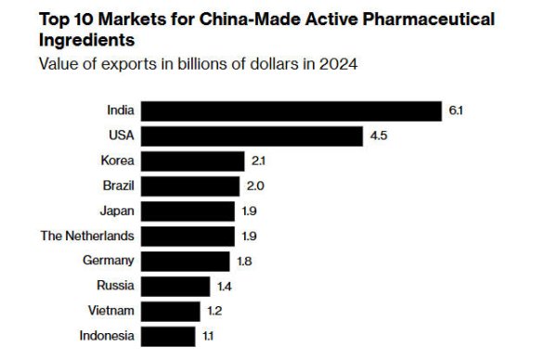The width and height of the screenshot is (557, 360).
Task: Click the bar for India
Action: pyautogui.click(x=292, y=110)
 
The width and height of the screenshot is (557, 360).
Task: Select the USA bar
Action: pyautogui.click(x=253, y=135)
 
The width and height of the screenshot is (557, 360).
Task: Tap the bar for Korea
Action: pyautogui.click(x=193, y=161)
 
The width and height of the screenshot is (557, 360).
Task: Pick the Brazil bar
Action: pyautogui.click(x=191, y=186)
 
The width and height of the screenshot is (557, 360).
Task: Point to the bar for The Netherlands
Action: pyautogui.click(x=188, y=236)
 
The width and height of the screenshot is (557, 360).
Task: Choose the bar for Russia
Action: pyautogui.click(x=176, y=286)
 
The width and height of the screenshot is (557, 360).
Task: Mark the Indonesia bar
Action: pyautogui.click(x=169, y=336)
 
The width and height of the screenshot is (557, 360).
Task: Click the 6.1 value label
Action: pyautogui.click(x=456, y=110)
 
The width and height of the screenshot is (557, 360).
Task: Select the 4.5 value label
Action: pyautogui.click(x=378, y=135)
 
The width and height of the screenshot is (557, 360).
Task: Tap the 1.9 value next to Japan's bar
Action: pyautogui.click(x=249, y=211)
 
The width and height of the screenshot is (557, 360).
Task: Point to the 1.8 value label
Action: pyautogui.click(x=244, y=261)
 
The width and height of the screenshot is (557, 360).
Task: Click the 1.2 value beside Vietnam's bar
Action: pyautogui.click(x=214, y=311)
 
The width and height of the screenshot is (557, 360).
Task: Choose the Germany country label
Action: pyautogui.click(x=108, y=261)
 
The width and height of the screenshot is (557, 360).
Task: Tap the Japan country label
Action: pyautogui.click(x=116, y=211)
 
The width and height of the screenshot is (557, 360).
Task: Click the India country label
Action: pyautogui.click(x=120, y=110)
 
